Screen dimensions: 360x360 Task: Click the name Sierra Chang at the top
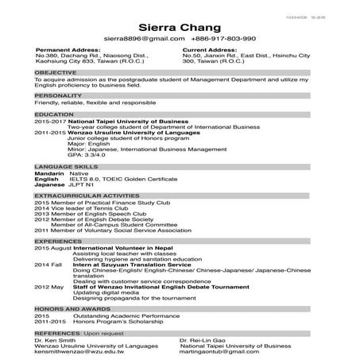coord(180,24)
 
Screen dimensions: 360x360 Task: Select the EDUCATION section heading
coord(55,114)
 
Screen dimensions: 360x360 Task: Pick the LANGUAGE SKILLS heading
coord(69,165)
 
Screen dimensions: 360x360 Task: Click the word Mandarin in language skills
coord(48,172)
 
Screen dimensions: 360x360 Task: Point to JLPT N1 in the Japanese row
coord(82,184)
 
